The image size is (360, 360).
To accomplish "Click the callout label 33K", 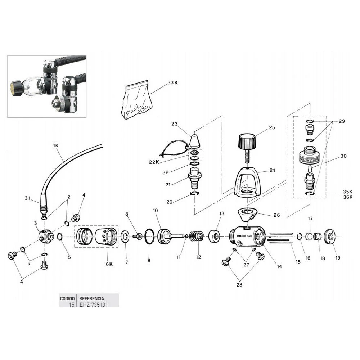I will (x=173, y=82).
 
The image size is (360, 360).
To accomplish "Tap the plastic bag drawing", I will (x=136, y=103).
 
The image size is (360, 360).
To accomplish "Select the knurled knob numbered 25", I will (x=247, y=140).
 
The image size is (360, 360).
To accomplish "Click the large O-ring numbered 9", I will (x=150, y=236).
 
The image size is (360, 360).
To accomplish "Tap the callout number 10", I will (x=156, y=210).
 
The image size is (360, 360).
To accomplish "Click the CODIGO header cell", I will (x=67, y=298).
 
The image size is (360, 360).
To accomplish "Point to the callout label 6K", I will (x=109, y=264).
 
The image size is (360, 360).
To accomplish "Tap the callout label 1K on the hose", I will (x=55, y=145).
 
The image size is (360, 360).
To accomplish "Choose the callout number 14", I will (x=279, y=266).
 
